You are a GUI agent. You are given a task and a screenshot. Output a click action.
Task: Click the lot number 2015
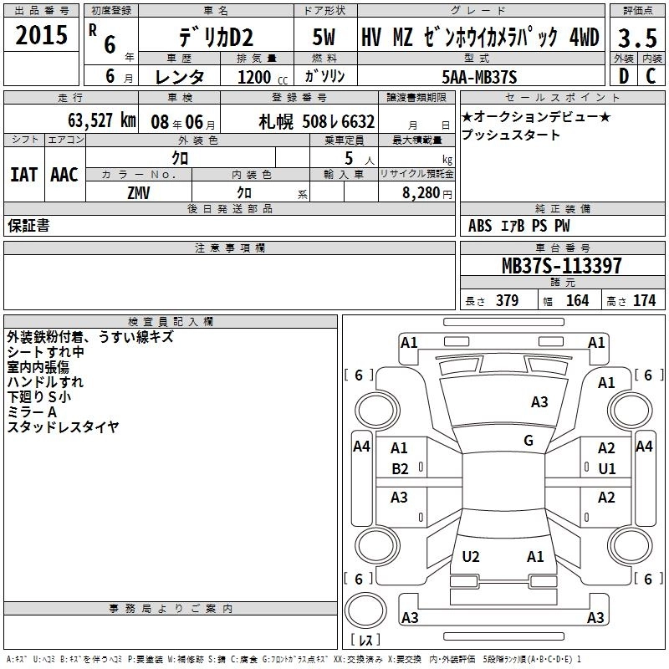[x=41, y=35]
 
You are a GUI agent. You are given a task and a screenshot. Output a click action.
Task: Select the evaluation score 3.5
[x=637, y=38]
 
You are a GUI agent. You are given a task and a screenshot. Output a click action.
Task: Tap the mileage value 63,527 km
[x=102, y=120]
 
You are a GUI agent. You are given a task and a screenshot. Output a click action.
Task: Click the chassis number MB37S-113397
[x=562, y=265]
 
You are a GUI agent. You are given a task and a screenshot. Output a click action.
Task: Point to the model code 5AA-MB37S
[x=479, y=77]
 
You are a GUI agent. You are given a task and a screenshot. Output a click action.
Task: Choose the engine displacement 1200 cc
[x=263, y=77]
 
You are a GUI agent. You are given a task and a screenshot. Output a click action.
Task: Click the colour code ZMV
[x=139, y=193]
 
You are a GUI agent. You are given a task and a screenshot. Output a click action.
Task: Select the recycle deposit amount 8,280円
[x=427, y=193]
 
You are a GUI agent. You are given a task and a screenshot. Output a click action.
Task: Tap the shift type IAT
[x=24, y=175]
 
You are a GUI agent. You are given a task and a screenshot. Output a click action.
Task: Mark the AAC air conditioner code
[x=64, y=175]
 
